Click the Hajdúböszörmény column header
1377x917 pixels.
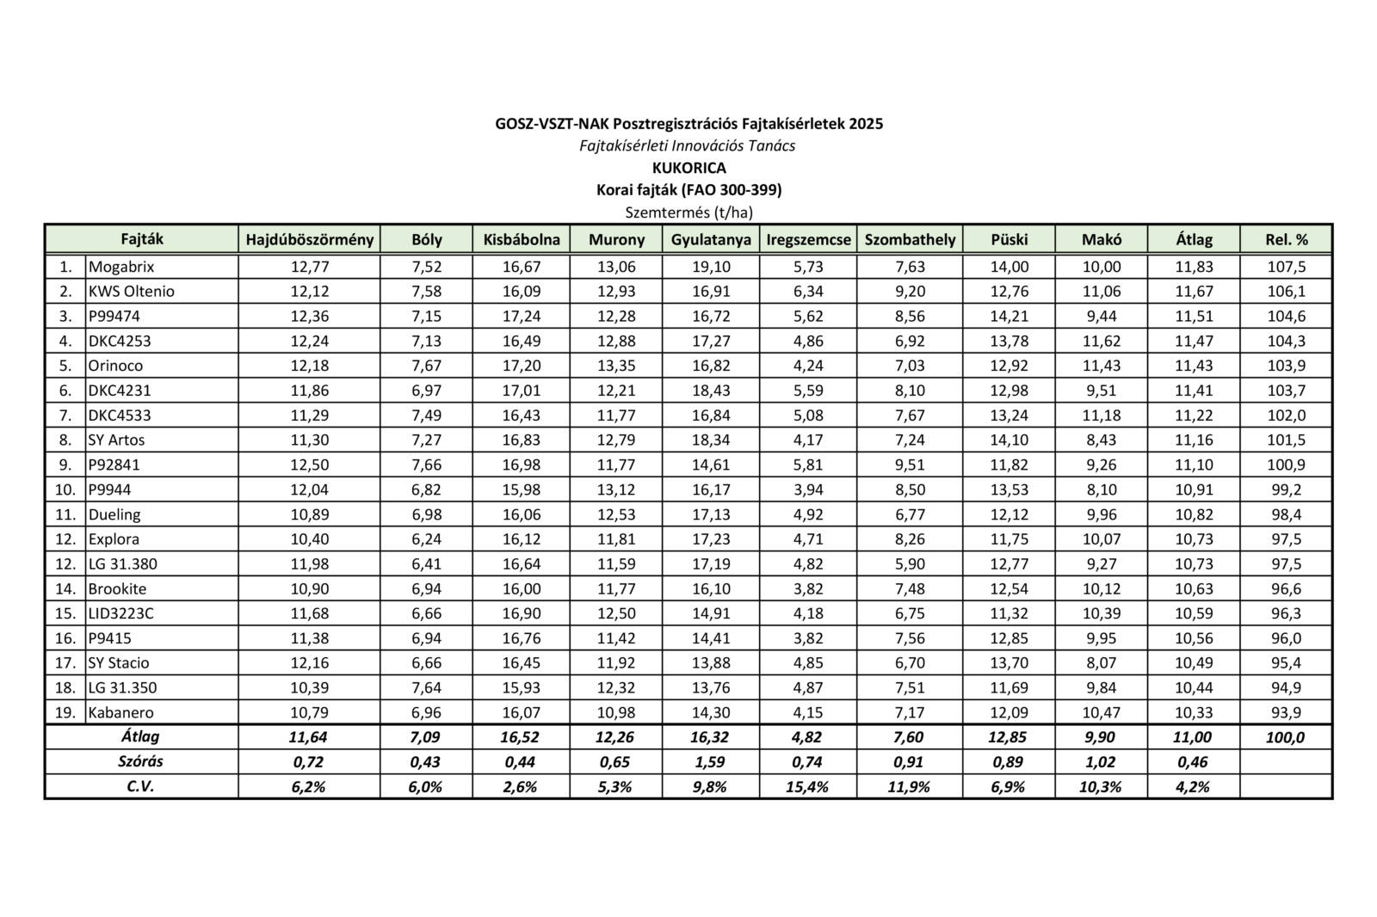coord(309,239)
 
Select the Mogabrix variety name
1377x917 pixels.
coord(121,267)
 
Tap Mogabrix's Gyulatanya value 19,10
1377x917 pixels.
coord(711,267)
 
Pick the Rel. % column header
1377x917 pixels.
coord(1286,239)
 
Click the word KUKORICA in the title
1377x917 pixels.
coord(688,168)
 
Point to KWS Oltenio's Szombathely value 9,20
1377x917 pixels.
coord(910,292)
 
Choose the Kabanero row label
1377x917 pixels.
coord(120,712)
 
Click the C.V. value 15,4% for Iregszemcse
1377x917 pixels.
coord(807,786)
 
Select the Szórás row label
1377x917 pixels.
coord(140,761)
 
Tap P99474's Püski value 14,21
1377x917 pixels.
coord(1009,317)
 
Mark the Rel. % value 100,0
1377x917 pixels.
coord(1286,737)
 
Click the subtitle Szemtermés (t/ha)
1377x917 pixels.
coord(688,212)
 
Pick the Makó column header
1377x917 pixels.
coord(1101,239)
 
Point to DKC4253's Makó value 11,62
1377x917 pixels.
coord(1101,341)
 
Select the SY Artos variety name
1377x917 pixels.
coord(116,440)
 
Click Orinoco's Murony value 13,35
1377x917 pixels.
coord(616,366)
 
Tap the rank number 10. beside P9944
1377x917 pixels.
coord(65,489)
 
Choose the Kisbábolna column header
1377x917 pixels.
coord(522,239)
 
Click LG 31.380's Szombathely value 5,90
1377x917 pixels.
coord(910,564)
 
